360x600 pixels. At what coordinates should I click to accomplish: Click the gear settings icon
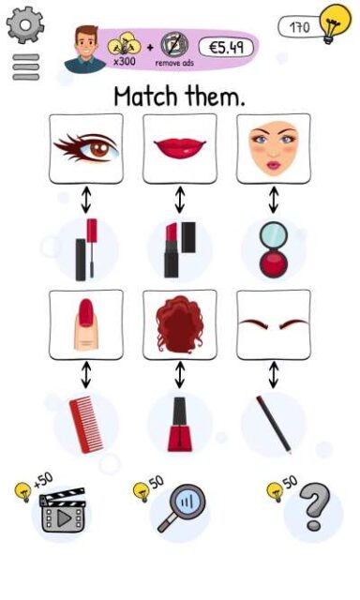click(x=25, y=25)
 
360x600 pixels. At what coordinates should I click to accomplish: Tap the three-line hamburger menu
click(x=26, y=67)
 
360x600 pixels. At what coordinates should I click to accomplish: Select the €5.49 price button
click(x=226, y=48)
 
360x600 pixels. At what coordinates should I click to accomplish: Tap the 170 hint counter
click(x=300, y=27)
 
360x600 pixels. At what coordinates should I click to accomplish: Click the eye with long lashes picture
click(x=86, y=149)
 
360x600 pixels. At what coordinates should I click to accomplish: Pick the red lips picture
click(x=180, y=149)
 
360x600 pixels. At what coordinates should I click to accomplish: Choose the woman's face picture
click(x=274, y=149)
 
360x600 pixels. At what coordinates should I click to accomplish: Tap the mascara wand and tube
click(x=86, y=249)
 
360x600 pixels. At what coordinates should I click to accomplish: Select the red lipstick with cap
click(x=180, y=249)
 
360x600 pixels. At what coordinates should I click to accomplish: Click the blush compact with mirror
click(x=274, y=249)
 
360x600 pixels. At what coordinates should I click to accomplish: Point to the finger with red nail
click(x=86, y=325)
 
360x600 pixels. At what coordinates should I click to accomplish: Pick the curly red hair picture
click(x=180, y=325)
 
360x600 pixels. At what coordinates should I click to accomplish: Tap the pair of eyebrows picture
click(x=274, y=325)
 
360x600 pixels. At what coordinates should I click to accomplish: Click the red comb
click(x=86, y=425)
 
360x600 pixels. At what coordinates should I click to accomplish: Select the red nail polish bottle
click(x=179, y=425)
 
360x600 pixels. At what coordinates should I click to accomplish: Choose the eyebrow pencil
click(x=274, y=425)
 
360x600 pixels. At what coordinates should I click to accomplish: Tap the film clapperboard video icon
click(x=63, y=510)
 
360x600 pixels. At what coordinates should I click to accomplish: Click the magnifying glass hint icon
click(x=182, y=508)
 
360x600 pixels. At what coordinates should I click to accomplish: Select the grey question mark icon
click(x=314, y=507)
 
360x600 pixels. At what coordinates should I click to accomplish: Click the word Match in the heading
click(x=146, y=96)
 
